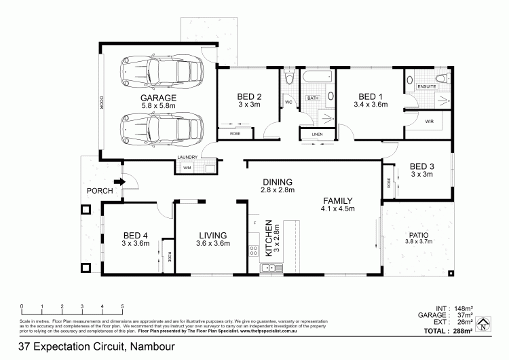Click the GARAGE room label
(158, 98)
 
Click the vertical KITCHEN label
(269, 237)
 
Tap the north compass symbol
(483, 325)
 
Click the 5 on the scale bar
(122, 306)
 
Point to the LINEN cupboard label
(318, 134)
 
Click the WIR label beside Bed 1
(430, 122)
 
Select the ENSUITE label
(427, 87)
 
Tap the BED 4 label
(135, 236)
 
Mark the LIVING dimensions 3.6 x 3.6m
(212, 242)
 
